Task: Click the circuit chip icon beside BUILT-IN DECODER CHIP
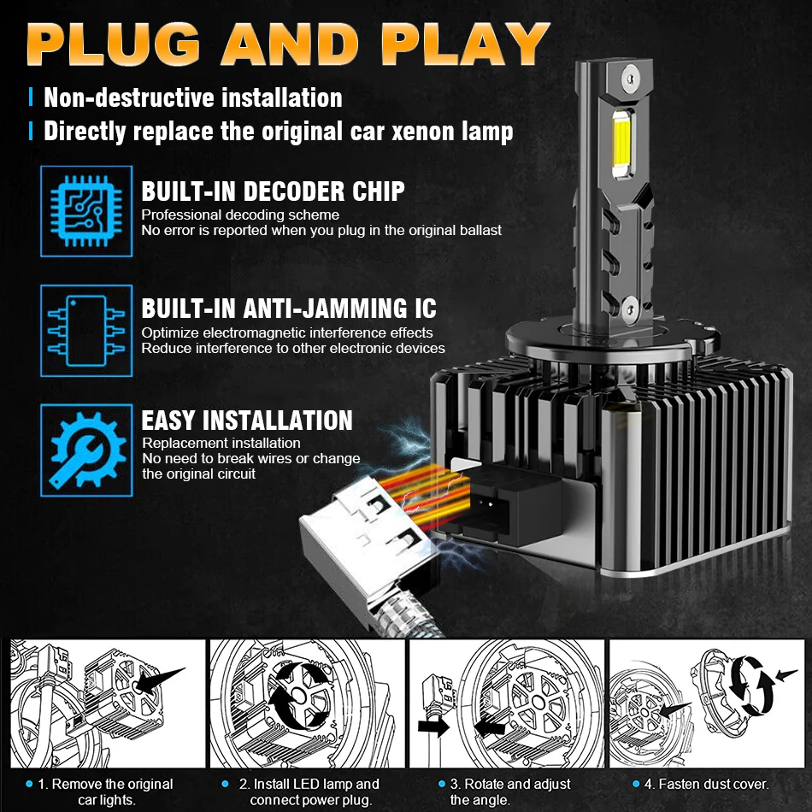coord(86,211)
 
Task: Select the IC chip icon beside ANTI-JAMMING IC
coord(86,330)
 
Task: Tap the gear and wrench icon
coord(86,449)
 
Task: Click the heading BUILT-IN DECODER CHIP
coord(273,191)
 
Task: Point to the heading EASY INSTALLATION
coord(247,421)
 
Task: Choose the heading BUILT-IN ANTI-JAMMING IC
coord(289,309)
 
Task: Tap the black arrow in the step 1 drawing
coord(158,680)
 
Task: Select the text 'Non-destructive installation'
coord(193,97)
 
